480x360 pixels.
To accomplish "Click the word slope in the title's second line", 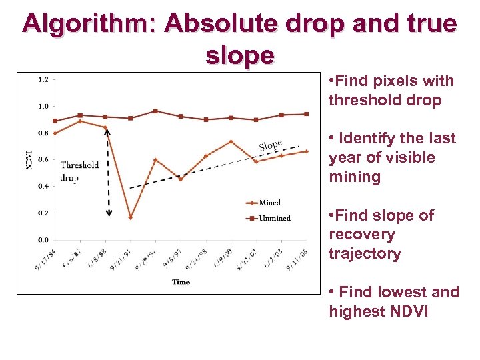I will coord(240,55).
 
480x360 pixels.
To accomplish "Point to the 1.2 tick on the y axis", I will coord(43,79).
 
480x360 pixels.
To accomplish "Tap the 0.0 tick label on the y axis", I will coord(43,239).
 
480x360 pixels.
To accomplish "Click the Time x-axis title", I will coord(181,282).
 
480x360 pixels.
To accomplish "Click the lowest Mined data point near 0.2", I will coord(130,217).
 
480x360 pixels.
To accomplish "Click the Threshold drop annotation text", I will coord(79,171).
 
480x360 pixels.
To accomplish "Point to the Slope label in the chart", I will coord(270,145).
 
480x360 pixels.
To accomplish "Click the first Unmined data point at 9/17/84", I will coord(55,121).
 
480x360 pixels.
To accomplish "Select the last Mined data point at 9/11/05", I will coord(306,151).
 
